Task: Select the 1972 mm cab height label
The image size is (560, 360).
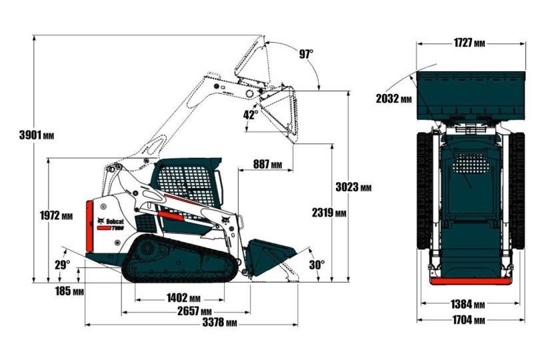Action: (56, 215)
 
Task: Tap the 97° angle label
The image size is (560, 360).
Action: (306, 54)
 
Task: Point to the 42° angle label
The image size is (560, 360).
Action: (250, 114)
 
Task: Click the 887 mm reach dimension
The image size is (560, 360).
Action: (267, 165)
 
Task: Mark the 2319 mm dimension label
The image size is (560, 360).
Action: (329, 213)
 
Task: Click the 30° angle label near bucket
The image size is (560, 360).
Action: (317, 265)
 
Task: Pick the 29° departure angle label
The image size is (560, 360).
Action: (62, 265)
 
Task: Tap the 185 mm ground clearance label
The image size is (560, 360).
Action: (69, 291)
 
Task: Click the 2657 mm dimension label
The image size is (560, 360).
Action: (194, 311)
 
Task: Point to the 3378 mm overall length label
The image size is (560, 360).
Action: (219, 323)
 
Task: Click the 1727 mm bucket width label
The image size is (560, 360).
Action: (469, 43)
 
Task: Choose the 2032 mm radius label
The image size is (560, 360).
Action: (393, 99)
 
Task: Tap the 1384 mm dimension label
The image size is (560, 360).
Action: (469, 304)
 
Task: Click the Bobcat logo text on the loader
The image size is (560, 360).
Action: (115, 221)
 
